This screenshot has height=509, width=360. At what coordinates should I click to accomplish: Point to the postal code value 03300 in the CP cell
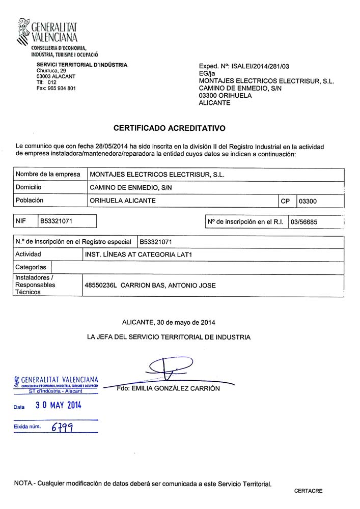pyautogui.click(x=308, y=201)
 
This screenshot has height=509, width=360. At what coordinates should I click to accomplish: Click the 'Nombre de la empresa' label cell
pyautogui.click(x=48, y=174)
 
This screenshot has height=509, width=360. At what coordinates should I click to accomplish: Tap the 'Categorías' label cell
pyautogui.click(x=31, y=267)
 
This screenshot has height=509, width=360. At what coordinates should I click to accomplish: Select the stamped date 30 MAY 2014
pyautogui.click(x=58, y=406)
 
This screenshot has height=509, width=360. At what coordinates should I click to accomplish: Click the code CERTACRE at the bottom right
pyautogui.click(x=308, y=491)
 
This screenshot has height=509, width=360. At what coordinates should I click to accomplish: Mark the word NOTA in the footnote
pyautogui.click(x=23, y=483)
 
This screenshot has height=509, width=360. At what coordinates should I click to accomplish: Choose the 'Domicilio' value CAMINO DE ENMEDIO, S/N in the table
pyautogui.click(x=131, y=188)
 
